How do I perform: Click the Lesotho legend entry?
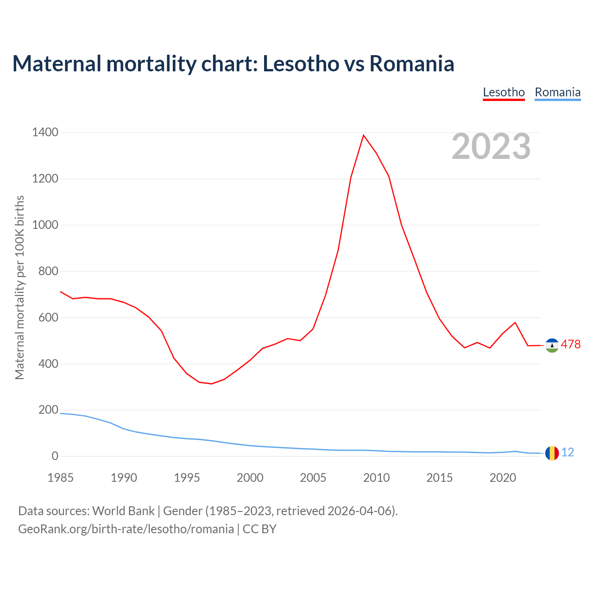[x=504, y=92]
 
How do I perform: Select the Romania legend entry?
[x=557, y=92]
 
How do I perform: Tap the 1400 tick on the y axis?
[x=45, y=132]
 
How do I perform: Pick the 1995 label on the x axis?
[x=187, y=478]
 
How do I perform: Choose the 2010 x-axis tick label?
[x=376, y=478]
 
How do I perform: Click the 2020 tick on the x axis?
[x=503, y=478]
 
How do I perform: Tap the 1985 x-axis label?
[x=61, y=478]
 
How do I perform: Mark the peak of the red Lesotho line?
[x=364, y=135]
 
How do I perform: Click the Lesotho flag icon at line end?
[x=552, y=345]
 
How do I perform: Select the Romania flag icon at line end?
[x=552, y=453]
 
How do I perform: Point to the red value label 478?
[x=570, y=345]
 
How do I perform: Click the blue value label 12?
[x=568, y=453]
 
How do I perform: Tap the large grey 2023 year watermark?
[x=491, y=146]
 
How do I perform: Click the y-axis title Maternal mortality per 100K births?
[x=19, y=287]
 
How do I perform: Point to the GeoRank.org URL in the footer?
[x=126, y=529]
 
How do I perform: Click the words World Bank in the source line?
[x=123, y=511]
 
